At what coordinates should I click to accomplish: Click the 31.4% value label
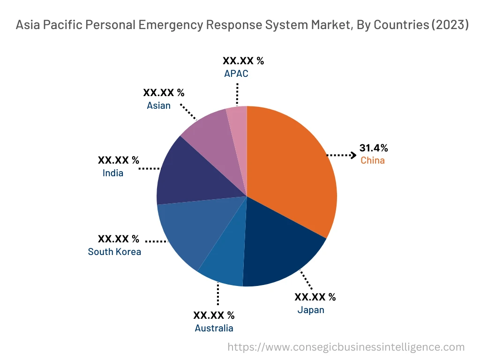(x=374, y=148)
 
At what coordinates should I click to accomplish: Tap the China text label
(x=372, y=161)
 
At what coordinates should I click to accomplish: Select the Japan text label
(x=310, y=310)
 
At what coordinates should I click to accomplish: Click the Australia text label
(x=214, y=328)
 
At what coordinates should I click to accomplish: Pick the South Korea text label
(x=114, y=252)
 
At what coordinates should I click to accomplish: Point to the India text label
(x=113, y=173)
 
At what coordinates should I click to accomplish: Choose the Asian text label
(x=158, y=105)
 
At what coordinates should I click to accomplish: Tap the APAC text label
(x=236, y=74)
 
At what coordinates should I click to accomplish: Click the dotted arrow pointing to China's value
(x=341, y=155)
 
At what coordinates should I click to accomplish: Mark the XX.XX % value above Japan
(x=315, y=297)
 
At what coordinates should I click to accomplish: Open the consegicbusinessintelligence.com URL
(x=346, y=347)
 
